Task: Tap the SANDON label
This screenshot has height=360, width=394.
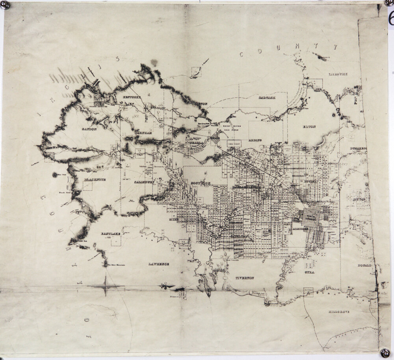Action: point(89,129)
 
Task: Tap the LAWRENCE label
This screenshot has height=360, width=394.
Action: point(159,264)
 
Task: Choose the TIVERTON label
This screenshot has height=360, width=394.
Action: point(245,278)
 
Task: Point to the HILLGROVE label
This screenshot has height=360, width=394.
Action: point(339,312)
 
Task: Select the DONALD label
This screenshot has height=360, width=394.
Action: point(365,265)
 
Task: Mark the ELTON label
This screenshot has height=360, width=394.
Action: point(308,127)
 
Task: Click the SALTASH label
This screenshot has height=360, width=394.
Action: point(267,97)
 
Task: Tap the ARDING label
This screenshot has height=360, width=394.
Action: point(255,140)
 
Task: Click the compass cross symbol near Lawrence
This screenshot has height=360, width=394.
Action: point(106,286)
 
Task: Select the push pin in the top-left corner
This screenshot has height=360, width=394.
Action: point(5,5)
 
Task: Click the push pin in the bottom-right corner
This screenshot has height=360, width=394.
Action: point(385,351)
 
